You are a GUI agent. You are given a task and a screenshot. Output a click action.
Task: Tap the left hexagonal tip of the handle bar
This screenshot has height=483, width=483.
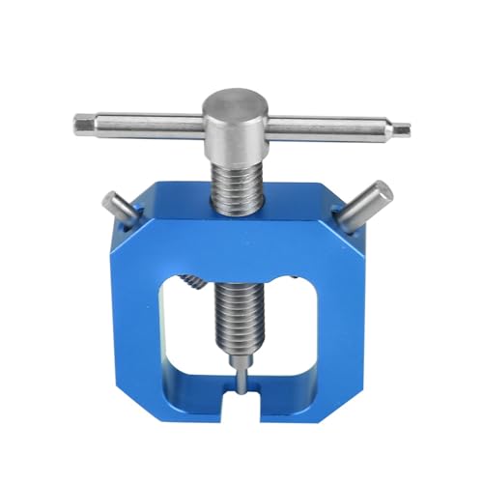coord(82,124)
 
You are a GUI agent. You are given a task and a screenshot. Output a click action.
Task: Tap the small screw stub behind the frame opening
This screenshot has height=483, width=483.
coord(193,281)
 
